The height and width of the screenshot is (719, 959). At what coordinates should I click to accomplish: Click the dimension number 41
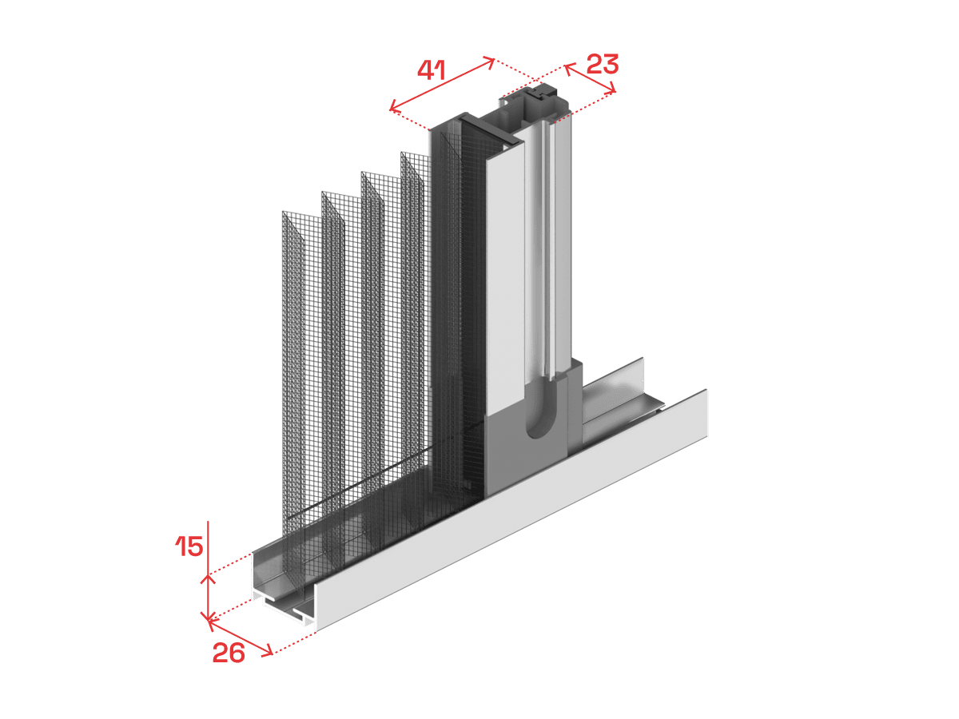click(x=432, y=70)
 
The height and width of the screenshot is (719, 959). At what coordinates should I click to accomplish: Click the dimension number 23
click(x=603, y=64)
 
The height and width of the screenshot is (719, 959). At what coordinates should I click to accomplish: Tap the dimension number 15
click(x=189, y=546)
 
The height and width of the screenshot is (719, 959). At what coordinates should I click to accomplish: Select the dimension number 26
click(x=229, y=653)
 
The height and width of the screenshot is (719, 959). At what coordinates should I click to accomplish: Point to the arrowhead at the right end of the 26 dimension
click(x=268, y=652)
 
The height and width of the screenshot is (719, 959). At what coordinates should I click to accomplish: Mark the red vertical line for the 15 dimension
click(x=209, y=571)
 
